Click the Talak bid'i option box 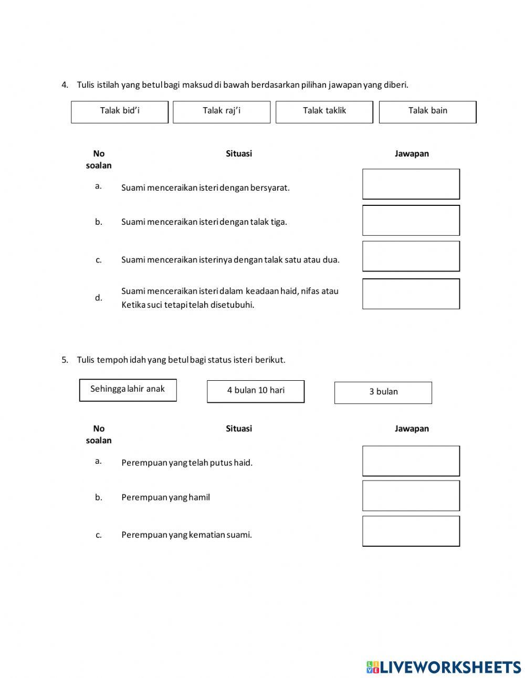120,112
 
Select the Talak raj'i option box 222,112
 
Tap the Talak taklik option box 324,112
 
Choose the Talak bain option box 427,112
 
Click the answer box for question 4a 411,184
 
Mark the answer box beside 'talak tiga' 411,220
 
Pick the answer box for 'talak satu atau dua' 411,256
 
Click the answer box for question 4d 411,294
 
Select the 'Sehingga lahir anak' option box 128,390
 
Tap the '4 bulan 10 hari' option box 256,391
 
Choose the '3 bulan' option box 383,392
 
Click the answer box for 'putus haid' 411,461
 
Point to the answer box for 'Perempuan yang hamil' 411,495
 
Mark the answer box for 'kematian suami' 411,531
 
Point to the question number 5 65,360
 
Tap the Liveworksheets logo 444,667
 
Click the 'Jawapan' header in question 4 412,153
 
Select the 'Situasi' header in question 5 239,429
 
